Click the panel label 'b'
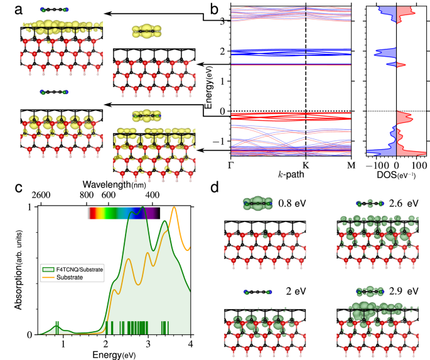215,9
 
